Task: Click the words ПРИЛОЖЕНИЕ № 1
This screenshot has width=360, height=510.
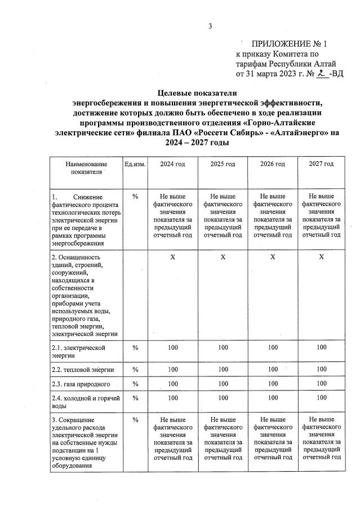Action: pyautogui.click(x=289, y=44)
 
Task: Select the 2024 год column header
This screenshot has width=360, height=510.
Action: pyautogui.click(x=172, y=164)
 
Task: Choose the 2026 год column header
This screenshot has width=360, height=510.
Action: pyautogui.click(x=272, y=164)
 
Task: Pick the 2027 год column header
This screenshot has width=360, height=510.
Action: pyautogui.click(x=321, y=164)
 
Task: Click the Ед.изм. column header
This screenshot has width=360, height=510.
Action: pyautogui.click(x=135, y=164)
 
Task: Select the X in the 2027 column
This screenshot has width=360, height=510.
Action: pyautogui.click(x=321, y=257)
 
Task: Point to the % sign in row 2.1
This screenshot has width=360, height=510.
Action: pyautogui.click(x=135, y=347)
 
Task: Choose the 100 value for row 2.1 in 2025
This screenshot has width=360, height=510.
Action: pyautogui.click(x=223, y=347)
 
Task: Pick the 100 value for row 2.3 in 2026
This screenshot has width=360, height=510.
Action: pyautogui.click(x=272, y=384)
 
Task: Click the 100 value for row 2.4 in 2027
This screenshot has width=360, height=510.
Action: pyautogui.click(x=321, y=398)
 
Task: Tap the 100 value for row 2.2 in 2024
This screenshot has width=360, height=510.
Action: pyautogui.click(x=172, y=370)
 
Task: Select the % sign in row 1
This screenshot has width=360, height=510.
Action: pyautogui.click(x=135, y=197)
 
